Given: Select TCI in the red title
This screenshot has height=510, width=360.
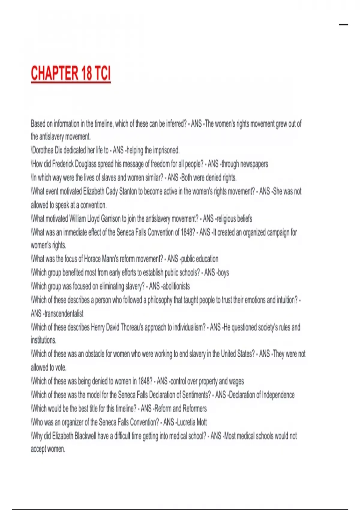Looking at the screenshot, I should pyautogui.click(x=103, y=73).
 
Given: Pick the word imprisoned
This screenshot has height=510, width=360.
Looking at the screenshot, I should pyautogui.click(x=166, y=150).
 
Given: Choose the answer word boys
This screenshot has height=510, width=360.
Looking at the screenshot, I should pyautogui.click(x=223, y=273).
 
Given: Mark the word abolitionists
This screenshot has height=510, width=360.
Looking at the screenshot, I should pyautogui.click(x=176, y=286).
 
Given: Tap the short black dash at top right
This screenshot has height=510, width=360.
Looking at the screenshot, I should pyautogui.click(x=343, y=25).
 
